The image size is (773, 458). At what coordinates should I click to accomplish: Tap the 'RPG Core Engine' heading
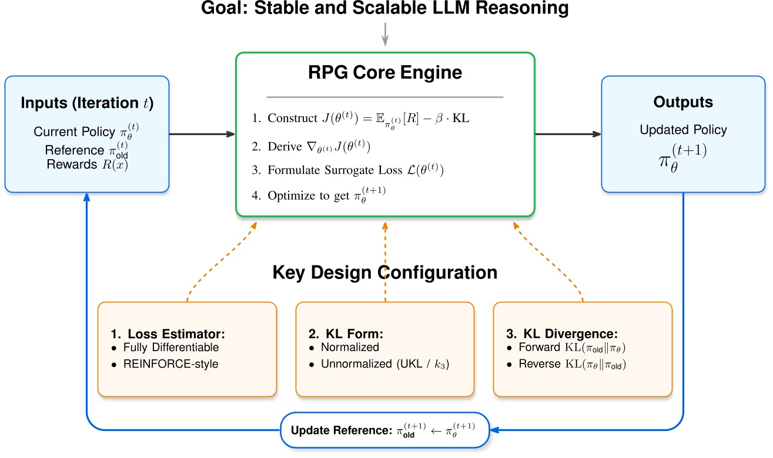(x=385, y=73)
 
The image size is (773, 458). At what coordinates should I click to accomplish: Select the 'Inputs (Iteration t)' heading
(x=86, y=103)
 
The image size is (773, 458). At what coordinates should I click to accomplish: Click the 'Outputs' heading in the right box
(x=683, y=102)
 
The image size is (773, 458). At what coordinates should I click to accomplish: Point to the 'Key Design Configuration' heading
(x=385, y=272)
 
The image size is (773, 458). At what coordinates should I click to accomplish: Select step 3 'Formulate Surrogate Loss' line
(x=356, y=170)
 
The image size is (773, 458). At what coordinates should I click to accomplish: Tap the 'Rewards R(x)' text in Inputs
(x=87, y=164)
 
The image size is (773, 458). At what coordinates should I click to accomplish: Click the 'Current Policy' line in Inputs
(x=86, y=131)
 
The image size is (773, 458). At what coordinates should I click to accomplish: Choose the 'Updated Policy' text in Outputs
(x=683, y=130)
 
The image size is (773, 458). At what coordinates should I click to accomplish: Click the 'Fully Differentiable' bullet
(x=170, y=348)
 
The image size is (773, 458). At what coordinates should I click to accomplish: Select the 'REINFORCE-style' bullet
(x=170, y=364)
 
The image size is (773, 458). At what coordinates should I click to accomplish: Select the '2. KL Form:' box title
(x=346, y=334)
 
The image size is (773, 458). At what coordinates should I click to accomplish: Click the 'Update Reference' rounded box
(x=384, y=430)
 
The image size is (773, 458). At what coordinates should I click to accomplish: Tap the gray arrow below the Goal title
(x=385, y=33)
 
